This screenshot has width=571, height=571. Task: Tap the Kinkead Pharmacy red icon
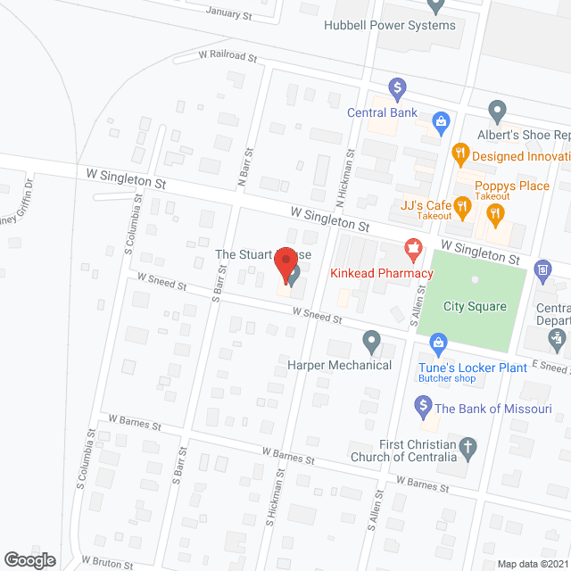(x=412, y=247)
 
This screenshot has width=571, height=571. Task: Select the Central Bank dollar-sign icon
(x=398, y=88)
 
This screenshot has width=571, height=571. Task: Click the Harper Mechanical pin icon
(x=372, y=341)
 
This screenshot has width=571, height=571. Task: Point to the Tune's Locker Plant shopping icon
(x=438, y=342)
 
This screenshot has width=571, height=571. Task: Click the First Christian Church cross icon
(x=467, y=447)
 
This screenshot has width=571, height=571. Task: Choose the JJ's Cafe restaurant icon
(x=461, y=208)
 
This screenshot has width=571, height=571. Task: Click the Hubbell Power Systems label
(x=390, y=25)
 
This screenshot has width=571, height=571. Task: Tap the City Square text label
(x=475, y=306)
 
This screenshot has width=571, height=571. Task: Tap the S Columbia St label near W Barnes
(x=86, y=459)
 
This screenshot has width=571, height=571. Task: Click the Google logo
(x=29, y=559)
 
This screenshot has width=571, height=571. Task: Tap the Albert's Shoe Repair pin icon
(x=498, y=112)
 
